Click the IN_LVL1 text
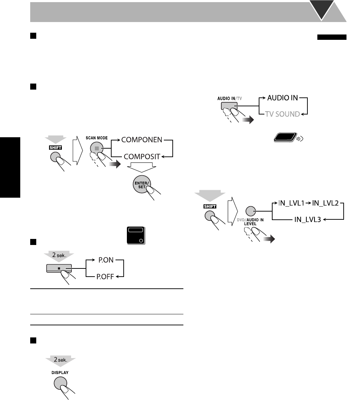coord(291,204)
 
